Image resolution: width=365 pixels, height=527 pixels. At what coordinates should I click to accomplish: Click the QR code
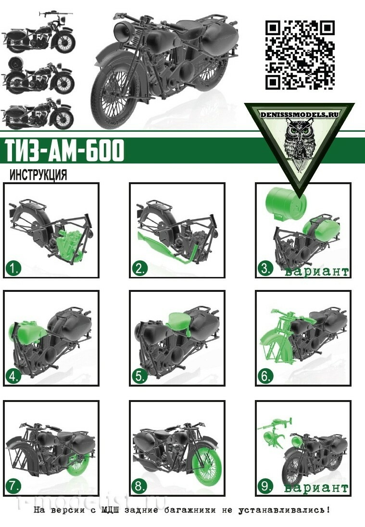(300, 55)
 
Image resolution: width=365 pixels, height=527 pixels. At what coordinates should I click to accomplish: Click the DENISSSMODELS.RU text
(299, 115)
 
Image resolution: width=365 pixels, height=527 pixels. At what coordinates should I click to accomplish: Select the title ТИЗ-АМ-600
(64, 150)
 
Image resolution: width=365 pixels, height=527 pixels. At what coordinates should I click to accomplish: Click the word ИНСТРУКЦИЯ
(38, 175)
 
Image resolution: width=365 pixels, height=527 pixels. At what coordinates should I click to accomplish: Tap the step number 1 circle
(13, 268)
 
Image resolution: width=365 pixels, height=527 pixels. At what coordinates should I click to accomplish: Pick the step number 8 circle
(139, 486)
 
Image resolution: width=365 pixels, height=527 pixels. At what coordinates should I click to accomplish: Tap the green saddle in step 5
(181, 322)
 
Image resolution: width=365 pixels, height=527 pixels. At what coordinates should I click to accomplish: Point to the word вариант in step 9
(316, 488)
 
